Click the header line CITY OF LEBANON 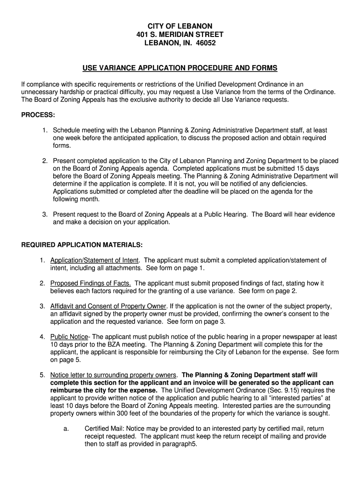point(180,26)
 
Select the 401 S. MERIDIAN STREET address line point(180,35)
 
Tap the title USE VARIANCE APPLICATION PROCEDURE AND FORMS point(180,68)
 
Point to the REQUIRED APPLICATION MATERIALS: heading point(82,245)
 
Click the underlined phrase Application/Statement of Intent point(94,261)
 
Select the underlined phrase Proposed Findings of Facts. point(91,283)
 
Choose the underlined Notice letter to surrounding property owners point(114,375)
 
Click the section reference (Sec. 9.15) point(266,390)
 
